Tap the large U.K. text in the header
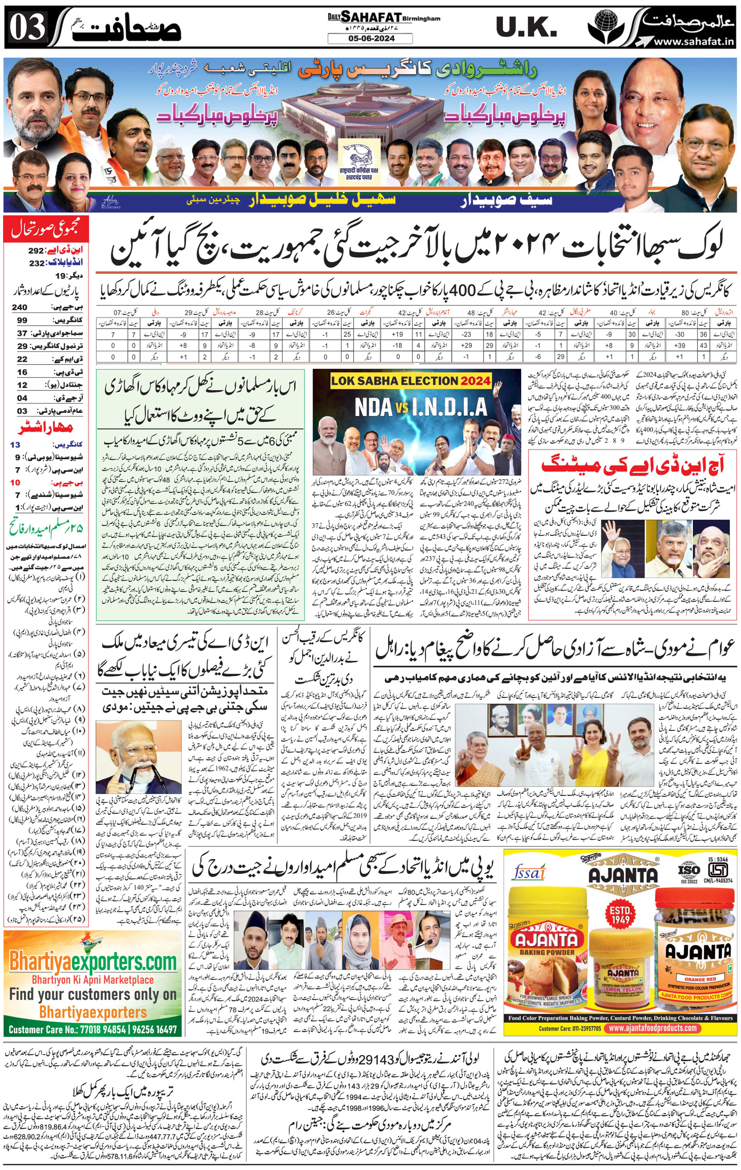(526, 27)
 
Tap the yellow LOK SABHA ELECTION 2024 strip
(410, 381)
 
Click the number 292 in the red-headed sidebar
(35, 251)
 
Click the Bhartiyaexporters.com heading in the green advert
(92, 962)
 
